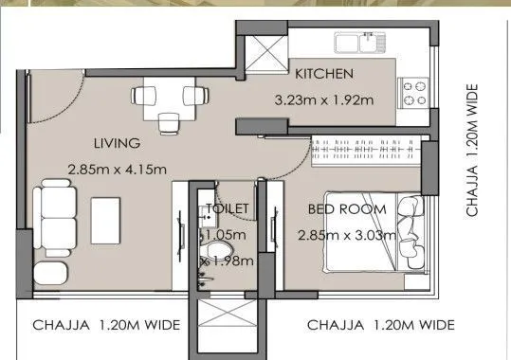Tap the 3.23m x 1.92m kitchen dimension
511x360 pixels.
pos(322,98)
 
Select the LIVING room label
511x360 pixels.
pos(117,144)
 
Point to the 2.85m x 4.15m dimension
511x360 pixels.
pos(117,170)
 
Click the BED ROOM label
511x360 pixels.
pos(346,208)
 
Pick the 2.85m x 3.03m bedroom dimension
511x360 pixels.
pos(346,235)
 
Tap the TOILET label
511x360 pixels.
pos(227,208)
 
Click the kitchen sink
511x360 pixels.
pos(358,42)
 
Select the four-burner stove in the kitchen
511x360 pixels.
pos(415,93)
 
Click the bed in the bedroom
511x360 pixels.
pos(412,233)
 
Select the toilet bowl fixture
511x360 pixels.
pos(220,251)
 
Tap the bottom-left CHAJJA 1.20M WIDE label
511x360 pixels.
pos(106,325)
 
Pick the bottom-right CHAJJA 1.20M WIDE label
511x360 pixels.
pos(381,325)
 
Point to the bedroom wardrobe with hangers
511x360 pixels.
pos(366,150)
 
